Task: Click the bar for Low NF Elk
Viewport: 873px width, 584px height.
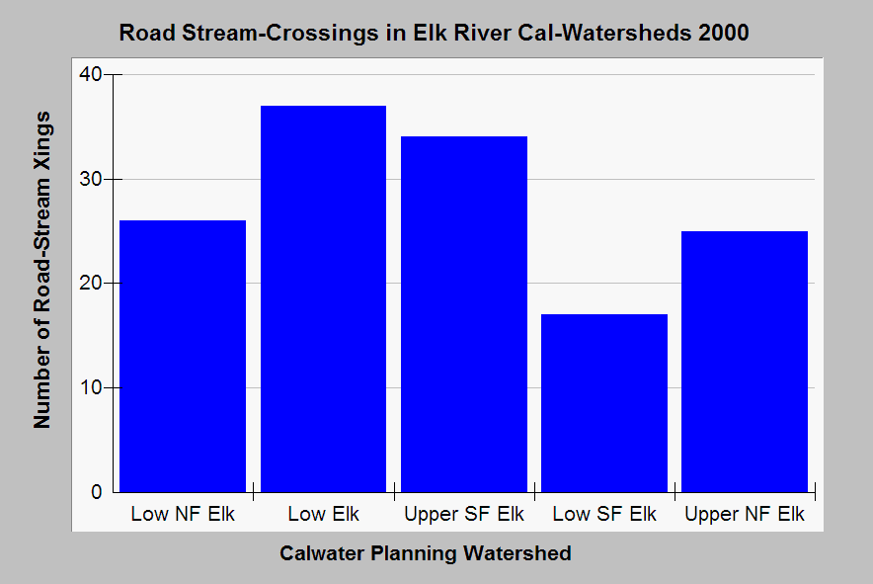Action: (x=183, y=356)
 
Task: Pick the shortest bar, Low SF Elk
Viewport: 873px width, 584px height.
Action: (x=604, y=402)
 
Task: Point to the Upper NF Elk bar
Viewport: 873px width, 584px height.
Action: (x=745, y=361)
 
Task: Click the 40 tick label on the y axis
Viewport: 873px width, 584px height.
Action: (x=90, y=75)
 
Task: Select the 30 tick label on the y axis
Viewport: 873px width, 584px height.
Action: (x=90, y=179)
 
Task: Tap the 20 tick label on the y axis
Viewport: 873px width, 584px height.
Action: (x=90, y=284)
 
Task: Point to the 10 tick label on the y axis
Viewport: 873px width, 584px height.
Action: (x=90, y=387)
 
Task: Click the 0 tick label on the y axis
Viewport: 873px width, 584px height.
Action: (x=96, y=492)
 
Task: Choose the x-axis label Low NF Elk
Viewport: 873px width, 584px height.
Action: (x=183, y=515)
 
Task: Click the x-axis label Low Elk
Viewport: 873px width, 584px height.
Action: (x=323, y=515)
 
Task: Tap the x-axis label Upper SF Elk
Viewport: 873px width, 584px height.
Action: (x=464, y=515)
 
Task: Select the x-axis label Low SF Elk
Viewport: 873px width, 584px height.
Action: (x=604, y=515)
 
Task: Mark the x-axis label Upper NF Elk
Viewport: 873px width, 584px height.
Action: (x=745, y=515)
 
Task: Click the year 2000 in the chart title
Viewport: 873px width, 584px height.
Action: (x=723, y=33)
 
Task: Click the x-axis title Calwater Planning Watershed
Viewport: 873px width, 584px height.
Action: (x=425, y=553)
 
